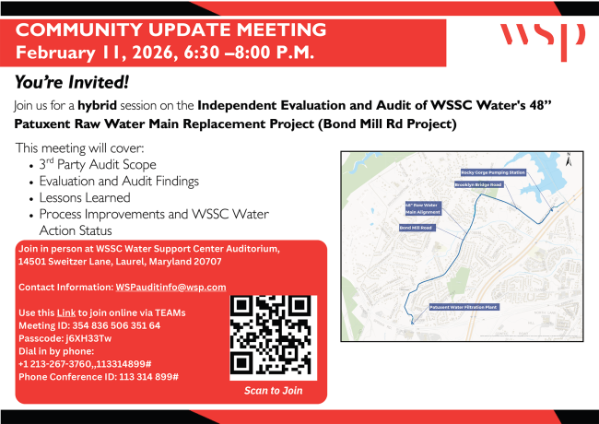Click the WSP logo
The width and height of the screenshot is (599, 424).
coord(542,37)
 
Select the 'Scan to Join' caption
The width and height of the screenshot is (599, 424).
coord(273,391)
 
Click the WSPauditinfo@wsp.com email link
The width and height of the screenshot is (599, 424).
coord(170,287)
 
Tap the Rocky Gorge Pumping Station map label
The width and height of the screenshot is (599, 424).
coord(492,172)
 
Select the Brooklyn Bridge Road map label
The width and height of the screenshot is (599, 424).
coord(478,184)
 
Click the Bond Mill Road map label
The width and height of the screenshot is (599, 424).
coord(416,227)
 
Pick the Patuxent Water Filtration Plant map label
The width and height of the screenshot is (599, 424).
coord(464,306)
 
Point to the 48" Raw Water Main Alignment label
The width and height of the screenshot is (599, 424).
coord(423,208)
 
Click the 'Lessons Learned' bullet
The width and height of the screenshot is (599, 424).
coord(85,197)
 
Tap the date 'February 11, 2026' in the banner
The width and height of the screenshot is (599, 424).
coord(93,51)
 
